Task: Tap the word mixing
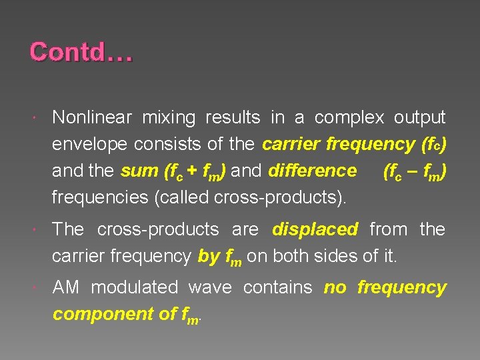[173, 118]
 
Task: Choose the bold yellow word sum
[139, 171]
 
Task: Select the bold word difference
[312, 171]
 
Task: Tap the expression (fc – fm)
[415, 171]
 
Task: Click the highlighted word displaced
[315, 229]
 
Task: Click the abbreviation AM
[66, 288]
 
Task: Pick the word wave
[210, 288]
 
